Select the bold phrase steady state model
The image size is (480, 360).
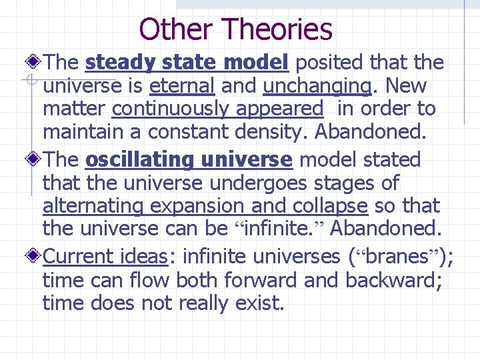(187, 63)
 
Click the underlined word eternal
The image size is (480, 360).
(182, 86)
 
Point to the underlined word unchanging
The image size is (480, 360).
(317, 86)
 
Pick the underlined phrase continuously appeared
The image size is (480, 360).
(217, 109)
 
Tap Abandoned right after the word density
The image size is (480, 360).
(369, 132)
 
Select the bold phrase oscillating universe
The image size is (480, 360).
(189, 160)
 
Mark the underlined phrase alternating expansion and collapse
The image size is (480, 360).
(205, 206)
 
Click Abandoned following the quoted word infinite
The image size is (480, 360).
(386, 229)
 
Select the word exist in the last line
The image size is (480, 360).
(257, 303)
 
